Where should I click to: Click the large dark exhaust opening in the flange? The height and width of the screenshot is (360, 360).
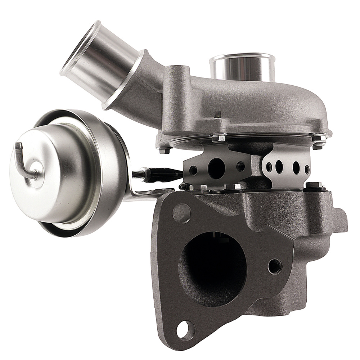click(212, 269)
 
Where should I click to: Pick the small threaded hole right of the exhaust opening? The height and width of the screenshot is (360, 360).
click(275, 266)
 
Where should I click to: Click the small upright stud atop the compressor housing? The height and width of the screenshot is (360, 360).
click(217, 114)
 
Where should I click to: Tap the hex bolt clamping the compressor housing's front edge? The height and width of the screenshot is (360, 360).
click(218, 138)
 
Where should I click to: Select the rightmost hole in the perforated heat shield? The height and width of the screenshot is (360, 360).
click(307, 168)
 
